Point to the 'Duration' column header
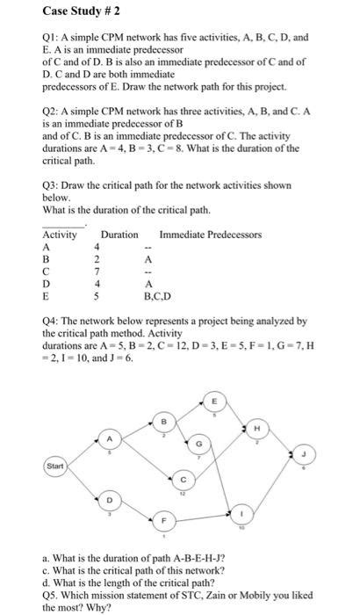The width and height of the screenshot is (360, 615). click(119, 235)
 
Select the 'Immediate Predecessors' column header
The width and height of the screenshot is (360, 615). click(211, 235)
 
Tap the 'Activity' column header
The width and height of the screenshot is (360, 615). click(60, 235)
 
